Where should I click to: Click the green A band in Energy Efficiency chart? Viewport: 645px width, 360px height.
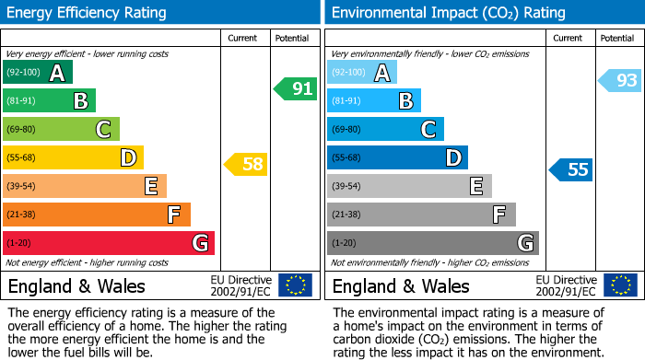point(38,73)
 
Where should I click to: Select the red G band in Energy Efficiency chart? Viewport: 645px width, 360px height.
point(109,243)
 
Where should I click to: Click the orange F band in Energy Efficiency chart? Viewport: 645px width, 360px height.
point(97,215)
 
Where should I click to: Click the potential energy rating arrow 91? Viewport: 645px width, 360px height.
point(296,89)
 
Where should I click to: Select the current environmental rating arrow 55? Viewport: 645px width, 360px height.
point(571,169)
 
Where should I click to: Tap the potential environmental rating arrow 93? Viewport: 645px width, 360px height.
point(620,81)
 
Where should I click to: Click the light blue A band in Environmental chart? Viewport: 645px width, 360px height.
point(362,73)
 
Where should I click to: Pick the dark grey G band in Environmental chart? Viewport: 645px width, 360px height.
point(433,243)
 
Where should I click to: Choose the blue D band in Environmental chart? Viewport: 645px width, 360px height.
point(397,158)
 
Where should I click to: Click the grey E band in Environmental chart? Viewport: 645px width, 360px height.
point(409,186)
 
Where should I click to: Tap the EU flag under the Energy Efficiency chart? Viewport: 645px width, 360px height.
point(295,285)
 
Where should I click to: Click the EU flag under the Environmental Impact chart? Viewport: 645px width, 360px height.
point(620,285)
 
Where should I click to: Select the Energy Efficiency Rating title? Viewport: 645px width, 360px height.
point(88,13)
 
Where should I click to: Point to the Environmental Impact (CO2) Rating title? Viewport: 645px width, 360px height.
point(448,13)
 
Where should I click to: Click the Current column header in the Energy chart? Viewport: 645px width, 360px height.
point(243,38)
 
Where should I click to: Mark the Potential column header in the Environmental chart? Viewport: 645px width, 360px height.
point(616,38)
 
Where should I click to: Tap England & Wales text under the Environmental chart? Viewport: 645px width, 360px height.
point(401,286)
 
